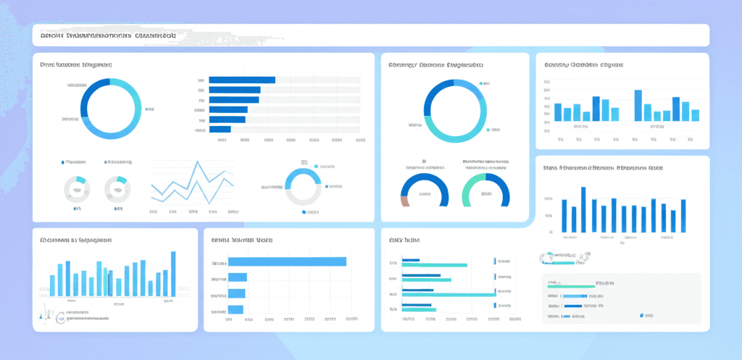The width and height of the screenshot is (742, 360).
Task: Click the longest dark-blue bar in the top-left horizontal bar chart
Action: click(x=241, y=80)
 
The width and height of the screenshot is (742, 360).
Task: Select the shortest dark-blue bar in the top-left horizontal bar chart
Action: click(x=220, y=130)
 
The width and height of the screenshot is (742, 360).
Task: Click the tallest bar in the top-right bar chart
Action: click(x=638, y=106)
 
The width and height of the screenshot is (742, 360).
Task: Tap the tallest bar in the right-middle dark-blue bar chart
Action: click(x=583, y=209)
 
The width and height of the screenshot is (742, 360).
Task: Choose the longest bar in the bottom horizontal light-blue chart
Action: click(x=287, y=262)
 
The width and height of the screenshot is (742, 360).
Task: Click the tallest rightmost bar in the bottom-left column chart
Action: click(x=173, y=274)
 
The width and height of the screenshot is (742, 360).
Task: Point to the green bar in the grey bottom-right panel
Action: click(x=565, y=286)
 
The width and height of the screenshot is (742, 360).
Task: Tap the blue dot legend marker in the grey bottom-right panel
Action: click(x=642, y=316)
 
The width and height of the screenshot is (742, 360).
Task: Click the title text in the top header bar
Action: click(x=109, y=35)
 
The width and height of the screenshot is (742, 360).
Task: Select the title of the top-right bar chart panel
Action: click(x=583, y=65)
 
